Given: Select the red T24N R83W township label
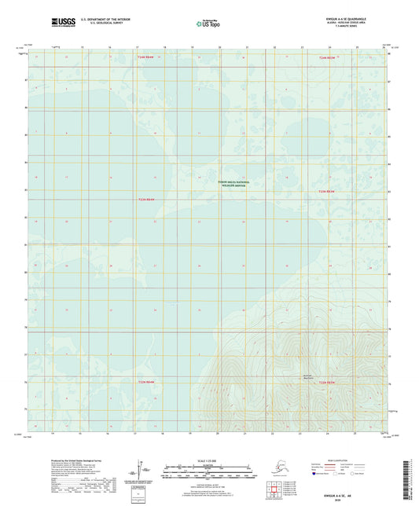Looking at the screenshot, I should click(327, 58).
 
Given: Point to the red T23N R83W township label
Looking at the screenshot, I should click(327, 191).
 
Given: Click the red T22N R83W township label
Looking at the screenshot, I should click(327, 382).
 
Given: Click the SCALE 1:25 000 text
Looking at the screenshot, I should click(208, 458).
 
